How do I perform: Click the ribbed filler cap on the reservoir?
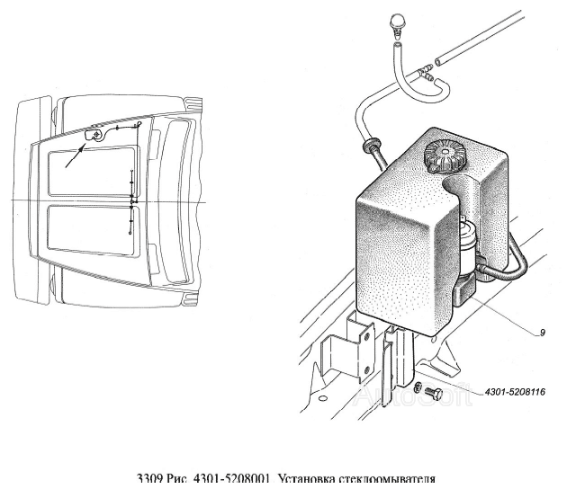pyautogui.click(x=444, y=158)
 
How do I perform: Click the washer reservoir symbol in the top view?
pyautogui.click(x=94, y=134)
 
